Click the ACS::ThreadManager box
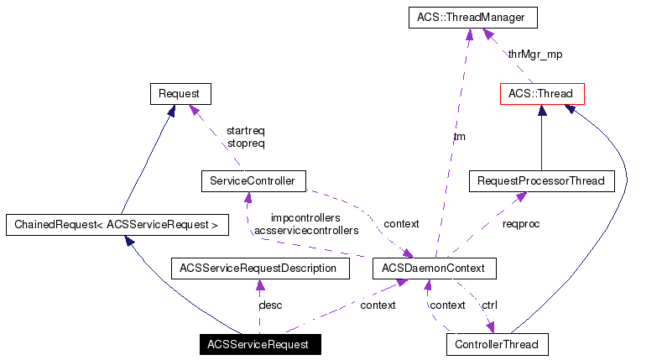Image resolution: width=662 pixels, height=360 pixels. point(472,18)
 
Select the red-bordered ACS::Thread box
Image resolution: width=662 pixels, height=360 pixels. point(541,93)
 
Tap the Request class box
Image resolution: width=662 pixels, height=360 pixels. point(180,93)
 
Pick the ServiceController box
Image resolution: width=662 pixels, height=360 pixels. point(253,180)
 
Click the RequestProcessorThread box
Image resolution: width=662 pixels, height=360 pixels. point(540,180)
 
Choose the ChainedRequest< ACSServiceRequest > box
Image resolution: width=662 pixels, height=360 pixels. point(117,225)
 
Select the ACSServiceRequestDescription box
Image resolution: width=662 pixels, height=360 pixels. point(259,269)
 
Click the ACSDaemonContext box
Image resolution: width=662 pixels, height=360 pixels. point(435,269)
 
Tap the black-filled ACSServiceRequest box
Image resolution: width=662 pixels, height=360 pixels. point(259,344)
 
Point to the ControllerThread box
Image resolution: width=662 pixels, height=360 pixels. point(497,344)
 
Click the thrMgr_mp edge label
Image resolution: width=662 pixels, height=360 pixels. point(534,55)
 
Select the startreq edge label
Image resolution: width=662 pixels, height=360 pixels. point(246,131)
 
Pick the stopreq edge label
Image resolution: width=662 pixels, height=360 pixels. point(246,143)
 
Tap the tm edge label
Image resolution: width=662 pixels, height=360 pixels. point(459,137)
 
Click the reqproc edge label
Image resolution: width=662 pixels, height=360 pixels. point(521,224)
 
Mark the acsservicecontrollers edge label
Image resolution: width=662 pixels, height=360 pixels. point(306,230)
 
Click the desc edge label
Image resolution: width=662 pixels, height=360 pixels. point(270,305)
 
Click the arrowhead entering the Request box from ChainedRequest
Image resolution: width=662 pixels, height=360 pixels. point(169,111)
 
